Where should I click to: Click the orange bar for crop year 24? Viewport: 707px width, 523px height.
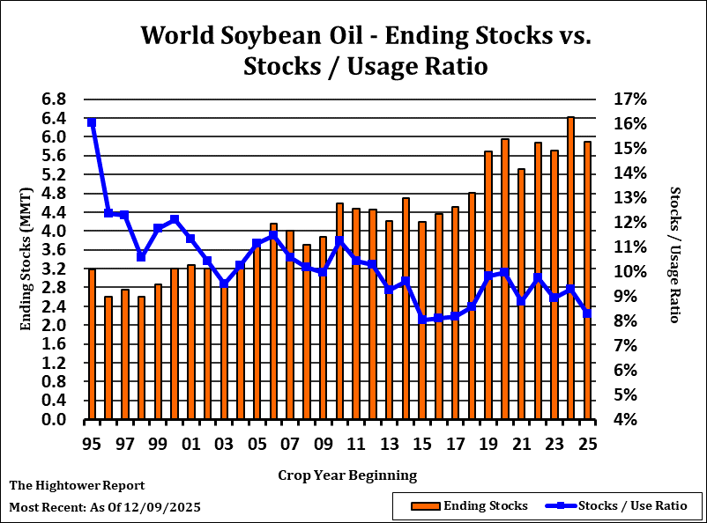[570, 269]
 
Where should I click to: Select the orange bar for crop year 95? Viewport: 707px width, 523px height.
[92, 344]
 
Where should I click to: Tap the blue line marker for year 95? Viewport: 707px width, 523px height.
[92, 122]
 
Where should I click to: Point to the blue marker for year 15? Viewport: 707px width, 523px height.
[422, 320]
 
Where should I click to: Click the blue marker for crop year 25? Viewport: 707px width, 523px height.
[587, 313]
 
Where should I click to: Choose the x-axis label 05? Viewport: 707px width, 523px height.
[257, 444]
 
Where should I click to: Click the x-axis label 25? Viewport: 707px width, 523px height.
[587, 444]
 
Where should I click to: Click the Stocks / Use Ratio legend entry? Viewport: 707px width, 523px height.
[632, 505]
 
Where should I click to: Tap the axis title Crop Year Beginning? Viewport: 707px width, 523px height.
[347, 475]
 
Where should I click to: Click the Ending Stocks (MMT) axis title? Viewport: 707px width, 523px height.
[26, 259]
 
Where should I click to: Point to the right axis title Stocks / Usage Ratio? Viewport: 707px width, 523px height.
[674, 254]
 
